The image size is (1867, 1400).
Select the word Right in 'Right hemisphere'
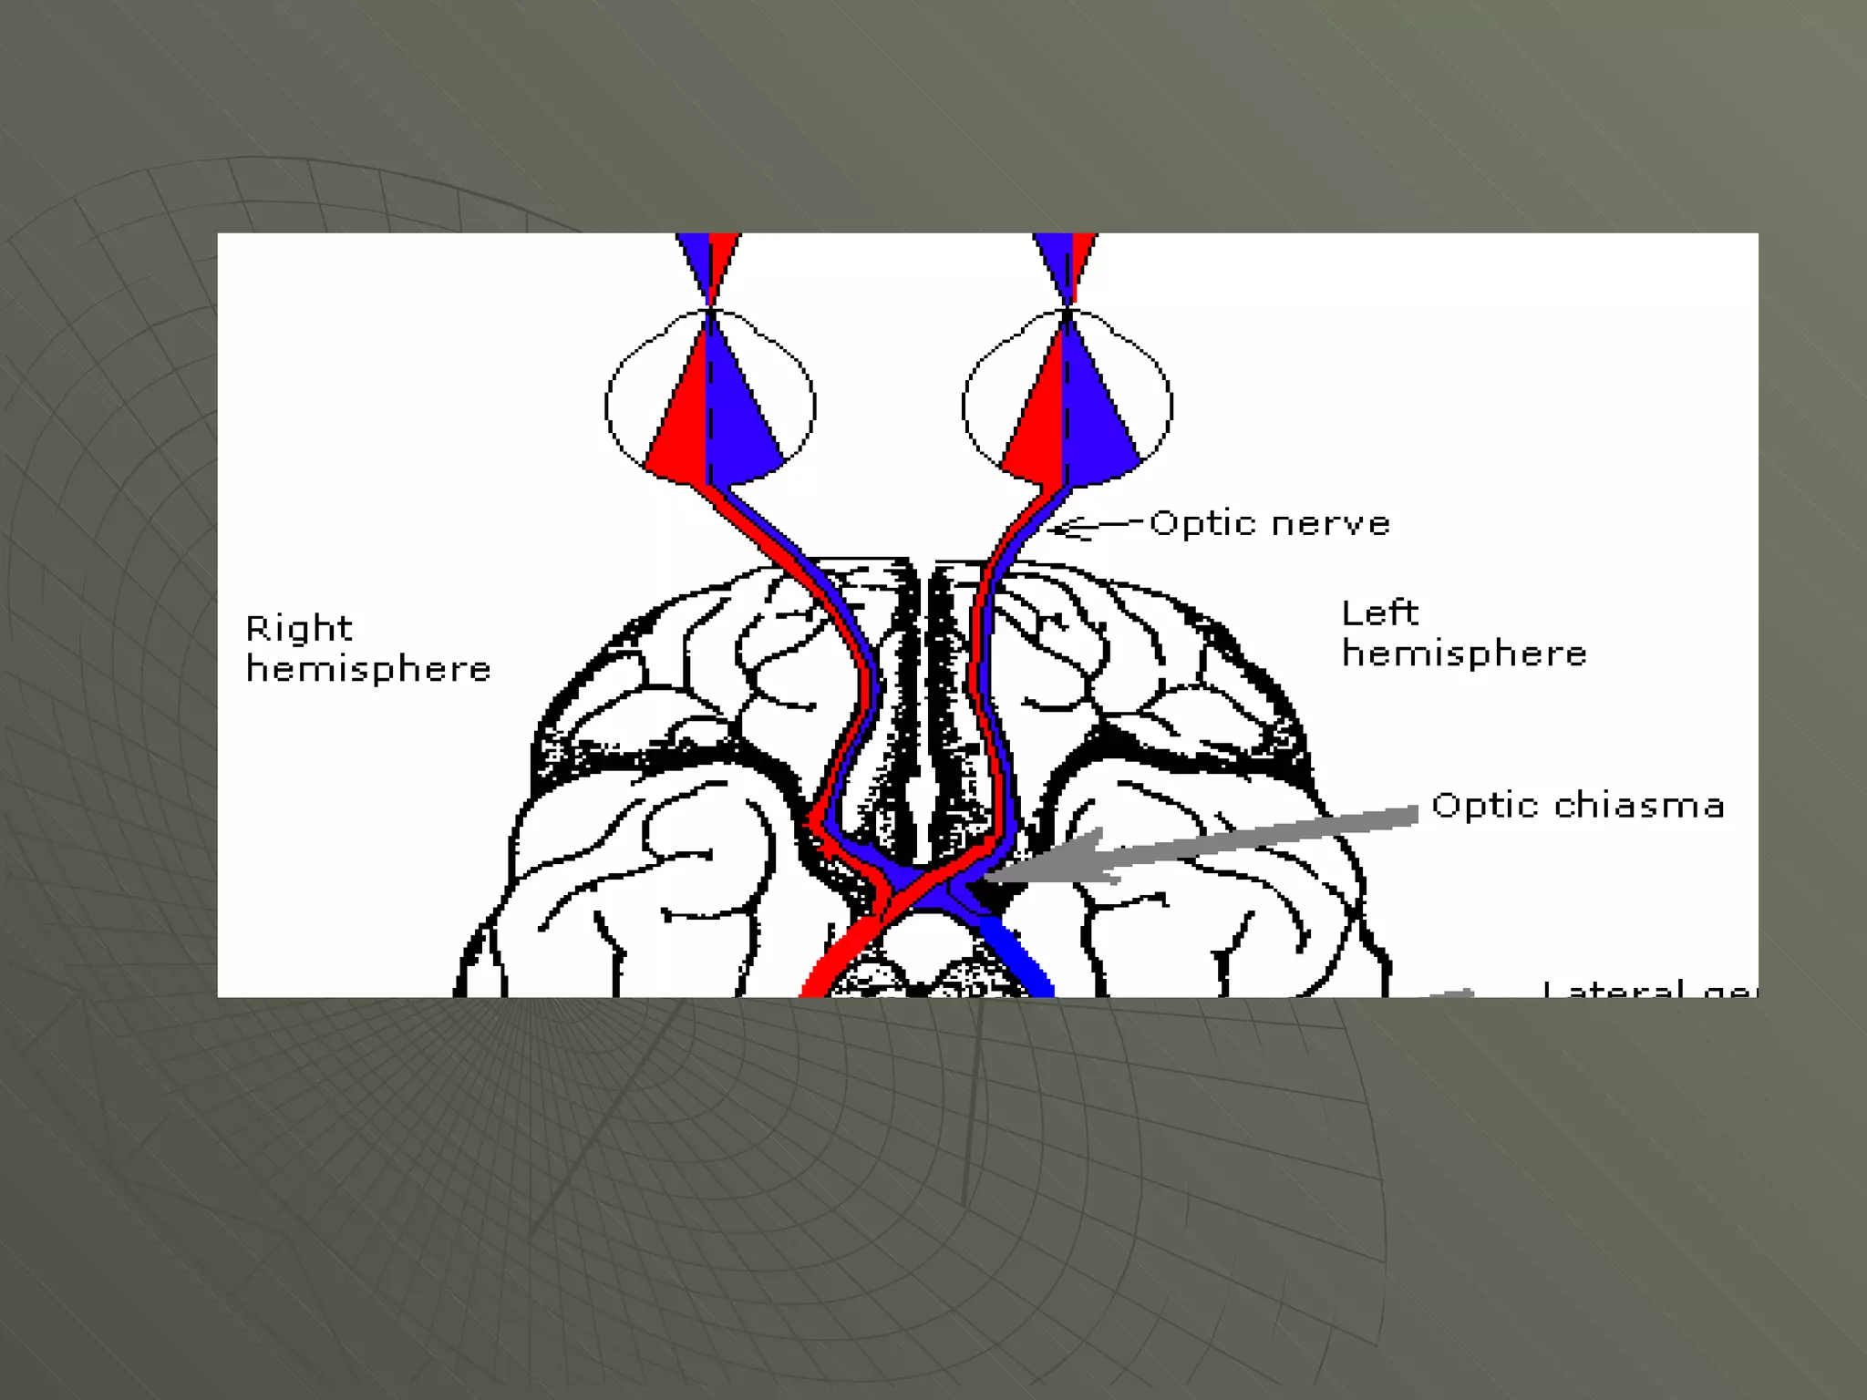pos(298,628)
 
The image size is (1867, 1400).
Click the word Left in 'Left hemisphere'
pos(1379,612)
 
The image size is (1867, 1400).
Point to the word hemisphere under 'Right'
pos(368,669)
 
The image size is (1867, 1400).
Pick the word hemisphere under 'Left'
pos(1464,654)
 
